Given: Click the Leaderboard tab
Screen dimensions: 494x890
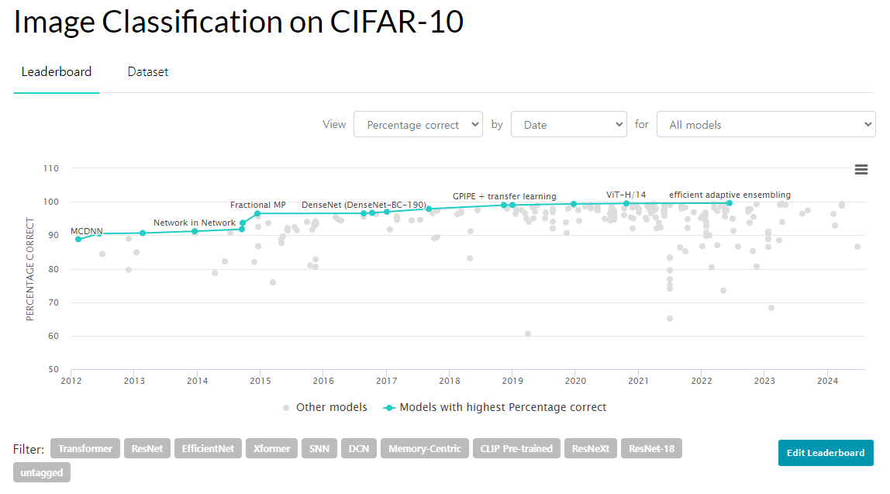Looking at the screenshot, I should (x=57, y=72).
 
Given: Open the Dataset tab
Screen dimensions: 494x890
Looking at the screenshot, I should (x=148, y=72).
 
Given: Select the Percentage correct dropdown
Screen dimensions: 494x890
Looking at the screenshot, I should (x=418, y=124).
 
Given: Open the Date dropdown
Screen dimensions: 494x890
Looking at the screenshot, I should (x=569, y=124).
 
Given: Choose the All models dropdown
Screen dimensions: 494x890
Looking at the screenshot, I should (x=766, y=124).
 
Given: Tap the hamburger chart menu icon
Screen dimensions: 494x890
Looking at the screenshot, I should (x=861, y=170).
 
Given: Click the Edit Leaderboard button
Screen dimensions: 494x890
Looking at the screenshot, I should (x=826, y=453).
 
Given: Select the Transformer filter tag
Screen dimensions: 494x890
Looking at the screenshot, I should (x=85, y=448).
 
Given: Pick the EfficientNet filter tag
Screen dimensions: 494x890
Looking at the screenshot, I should (x=208, y=448).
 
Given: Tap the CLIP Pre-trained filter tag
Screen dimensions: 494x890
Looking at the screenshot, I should (x=516, y=448).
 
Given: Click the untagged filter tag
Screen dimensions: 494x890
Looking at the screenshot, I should (x=42, y=472).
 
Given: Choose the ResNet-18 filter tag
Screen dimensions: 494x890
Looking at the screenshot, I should (x=651, y=448).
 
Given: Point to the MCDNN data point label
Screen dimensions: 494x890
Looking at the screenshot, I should (x=87, y=231).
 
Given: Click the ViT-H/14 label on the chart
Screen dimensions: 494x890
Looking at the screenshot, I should (x=626, y=195).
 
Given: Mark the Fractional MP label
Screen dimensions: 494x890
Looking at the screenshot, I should (x=258, y=205).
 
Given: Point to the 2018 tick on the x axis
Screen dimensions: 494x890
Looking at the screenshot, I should (x=449, y=381).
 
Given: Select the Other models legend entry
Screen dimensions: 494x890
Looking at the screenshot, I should (x=325, y=407).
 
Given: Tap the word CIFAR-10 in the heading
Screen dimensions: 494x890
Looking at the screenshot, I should (x=397, y=22).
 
